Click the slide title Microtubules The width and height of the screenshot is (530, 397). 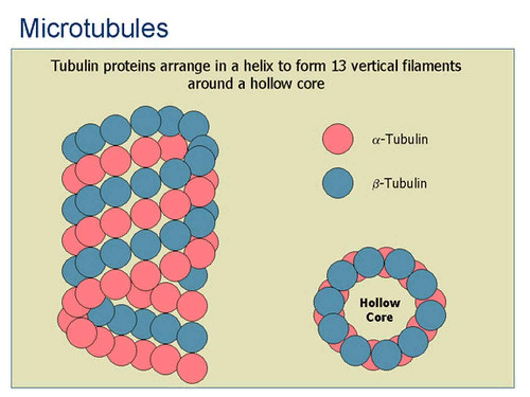click(x=94, y=28)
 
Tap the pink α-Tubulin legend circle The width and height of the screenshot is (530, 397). click(x=338, y=139)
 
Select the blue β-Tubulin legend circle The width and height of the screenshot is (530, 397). click(x=338, y=183)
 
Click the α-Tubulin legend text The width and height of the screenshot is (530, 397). click(x=400, y=139)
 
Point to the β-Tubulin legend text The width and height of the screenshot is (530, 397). click(x=399, y=184)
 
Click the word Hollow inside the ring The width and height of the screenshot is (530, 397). click(x=380, y=303)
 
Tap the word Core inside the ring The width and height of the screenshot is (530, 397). click(x=379, y=317)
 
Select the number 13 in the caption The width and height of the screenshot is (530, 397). click(x=339, y=66)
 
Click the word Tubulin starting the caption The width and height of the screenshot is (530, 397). click(x=75, y=65)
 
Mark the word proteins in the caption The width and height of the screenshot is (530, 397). click(x=129, y=66)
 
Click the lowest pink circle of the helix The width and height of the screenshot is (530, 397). click(x=192, y=368)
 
